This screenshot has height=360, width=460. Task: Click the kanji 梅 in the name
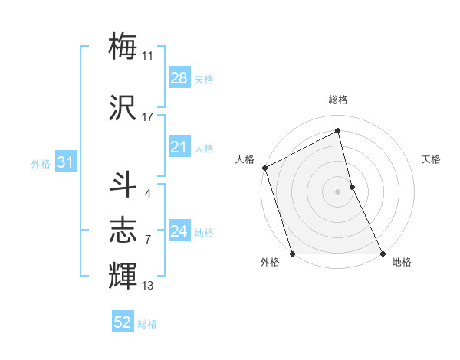point(123,46)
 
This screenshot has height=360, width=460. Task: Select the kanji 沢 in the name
point(123,106)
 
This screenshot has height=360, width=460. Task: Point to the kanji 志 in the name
point(123,230)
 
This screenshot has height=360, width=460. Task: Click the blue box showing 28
point(179,78)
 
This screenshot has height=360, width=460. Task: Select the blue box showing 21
point(179,147)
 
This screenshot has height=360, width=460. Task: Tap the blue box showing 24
point(179,231)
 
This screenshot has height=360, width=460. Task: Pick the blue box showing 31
point(66,162)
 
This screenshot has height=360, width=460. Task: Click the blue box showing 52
point(123,322)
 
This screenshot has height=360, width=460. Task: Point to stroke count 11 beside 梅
point(148,55)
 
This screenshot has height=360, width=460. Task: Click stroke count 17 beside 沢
point(148,116)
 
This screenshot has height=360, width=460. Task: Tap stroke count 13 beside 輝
point(148,286)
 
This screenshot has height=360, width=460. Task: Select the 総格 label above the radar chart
point(338,100)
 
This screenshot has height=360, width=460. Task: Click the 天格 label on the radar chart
point(432,159)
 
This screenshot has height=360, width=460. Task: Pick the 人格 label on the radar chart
point(245,159)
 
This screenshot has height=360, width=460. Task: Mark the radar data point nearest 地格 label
point(383,254)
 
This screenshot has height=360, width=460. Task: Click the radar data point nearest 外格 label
point(292,254)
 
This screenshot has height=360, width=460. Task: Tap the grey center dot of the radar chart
point(337,191)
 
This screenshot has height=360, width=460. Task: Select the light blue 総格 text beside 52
point(147,324)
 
